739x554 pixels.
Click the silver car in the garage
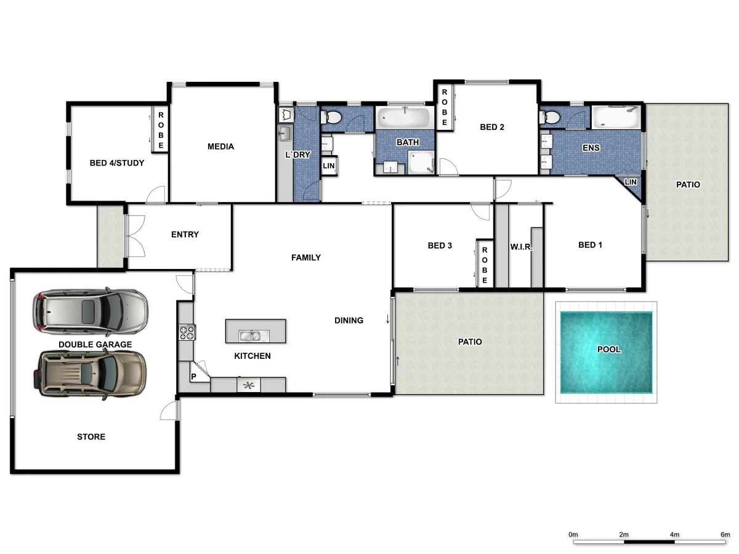pos(91,311)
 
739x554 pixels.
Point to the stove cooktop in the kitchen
pos(187,333)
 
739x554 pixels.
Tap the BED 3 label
pos(440,246)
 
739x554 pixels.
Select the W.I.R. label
pos(520,247)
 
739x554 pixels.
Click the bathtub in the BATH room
pos(406,118)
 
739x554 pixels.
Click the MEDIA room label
pos(220,147)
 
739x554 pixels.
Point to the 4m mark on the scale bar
pos(674,542)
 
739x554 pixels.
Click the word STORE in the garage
pos(91,437)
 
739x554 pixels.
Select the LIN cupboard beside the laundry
pos(329,166)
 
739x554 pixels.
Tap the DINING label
pos(349,320)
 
